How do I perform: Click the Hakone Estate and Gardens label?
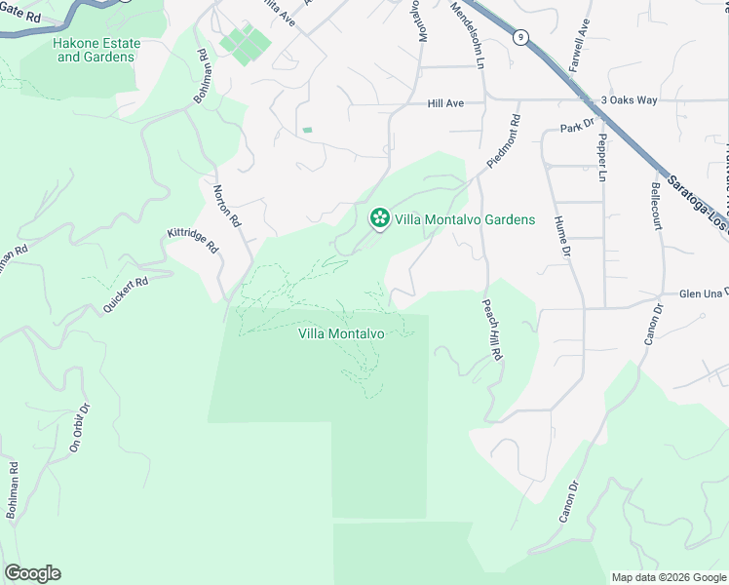point(96,51)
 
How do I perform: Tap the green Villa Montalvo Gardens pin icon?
point(378,219)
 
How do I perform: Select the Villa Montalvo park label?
point(341,333)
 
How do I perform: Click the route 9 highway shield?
point(522,37)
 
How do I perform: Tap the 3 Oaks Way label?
point(630,99)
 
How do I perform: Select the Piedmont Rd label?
point(506,142)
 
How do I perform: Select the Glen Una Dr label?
point(703,293)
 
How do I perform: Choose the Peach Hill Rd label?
point(491,331)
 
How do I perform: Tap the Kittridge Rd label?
point(193,240)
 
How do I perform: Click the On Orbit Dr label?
point(78,428)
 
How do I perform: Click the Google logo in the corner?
point(32,573)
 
